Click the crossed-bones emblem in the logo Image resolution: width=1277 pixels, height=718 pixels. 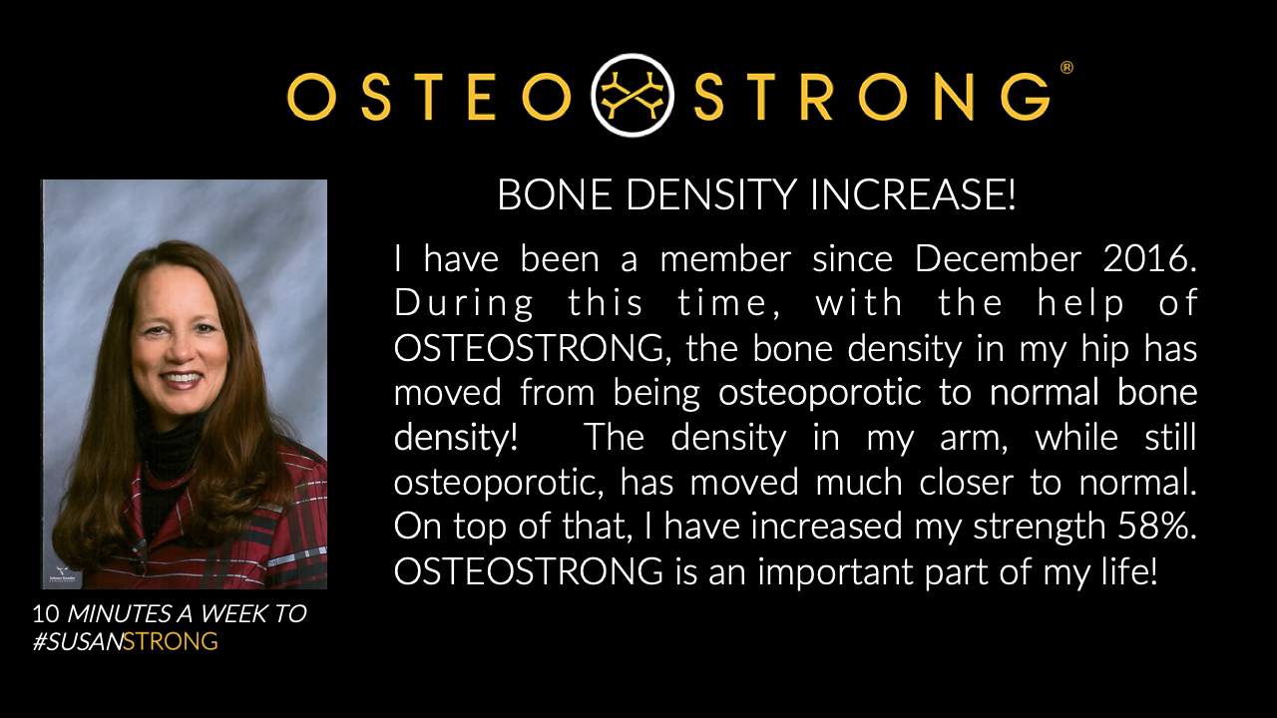click(x=632, y=95)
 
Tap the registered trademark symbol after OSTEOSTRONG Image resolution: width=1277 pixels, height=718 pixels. click(x=1066, y=68)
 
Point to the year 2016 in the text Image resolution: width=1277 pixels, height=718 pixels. click(x=1149, y=258)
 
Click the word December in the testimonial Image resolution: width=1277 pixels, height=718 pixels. click(x=998, y=258)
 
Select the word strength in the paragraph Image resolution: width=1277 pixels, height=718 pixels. click(x=1040, y=528)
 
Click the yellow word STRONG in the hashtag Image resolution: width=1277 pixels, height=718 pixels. click(x=171, y=641)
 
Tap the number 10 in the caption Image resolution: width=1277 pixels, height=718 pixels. click(x=46, y=613)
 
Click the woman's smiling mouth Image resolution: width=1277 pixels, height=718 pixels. click(x=182, y=379)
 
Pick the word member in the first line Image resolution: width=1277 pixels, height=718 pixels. click(x=725, y=258)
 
